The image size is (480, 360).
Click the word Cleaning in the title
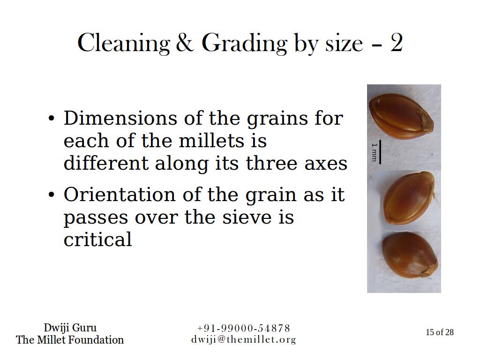click(x=124, y=43)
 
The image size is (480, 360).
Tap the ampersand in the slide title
click(x=185, y=42)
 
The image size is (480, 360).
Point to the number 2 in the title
click(x=396, y=43)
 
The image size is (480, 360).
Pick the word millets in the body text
click(x=211, y=141)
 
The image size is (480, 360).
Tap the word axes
click(x=326, y=164)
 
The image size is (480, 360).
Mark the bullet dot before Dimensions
click(x=52, y=118)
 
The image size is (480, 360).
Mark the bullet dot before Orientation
click(x=52, y=195)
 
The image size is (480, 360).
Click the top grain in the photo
click(x=401, y=116)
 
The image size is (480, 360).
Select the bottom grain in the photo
click(x=410, y=255)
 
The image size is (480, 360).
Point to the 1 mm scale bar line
click(x=380, y=152)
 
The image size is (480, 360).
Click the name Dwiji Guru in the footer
click(x=70, y=328)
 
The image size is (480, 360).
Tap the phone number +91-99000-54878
click(x=244, y=328)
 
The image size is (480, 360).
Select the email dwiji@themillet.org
click(x=244, y=339)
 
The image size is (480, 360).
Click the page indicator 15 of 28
click(x=440, y=332)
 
